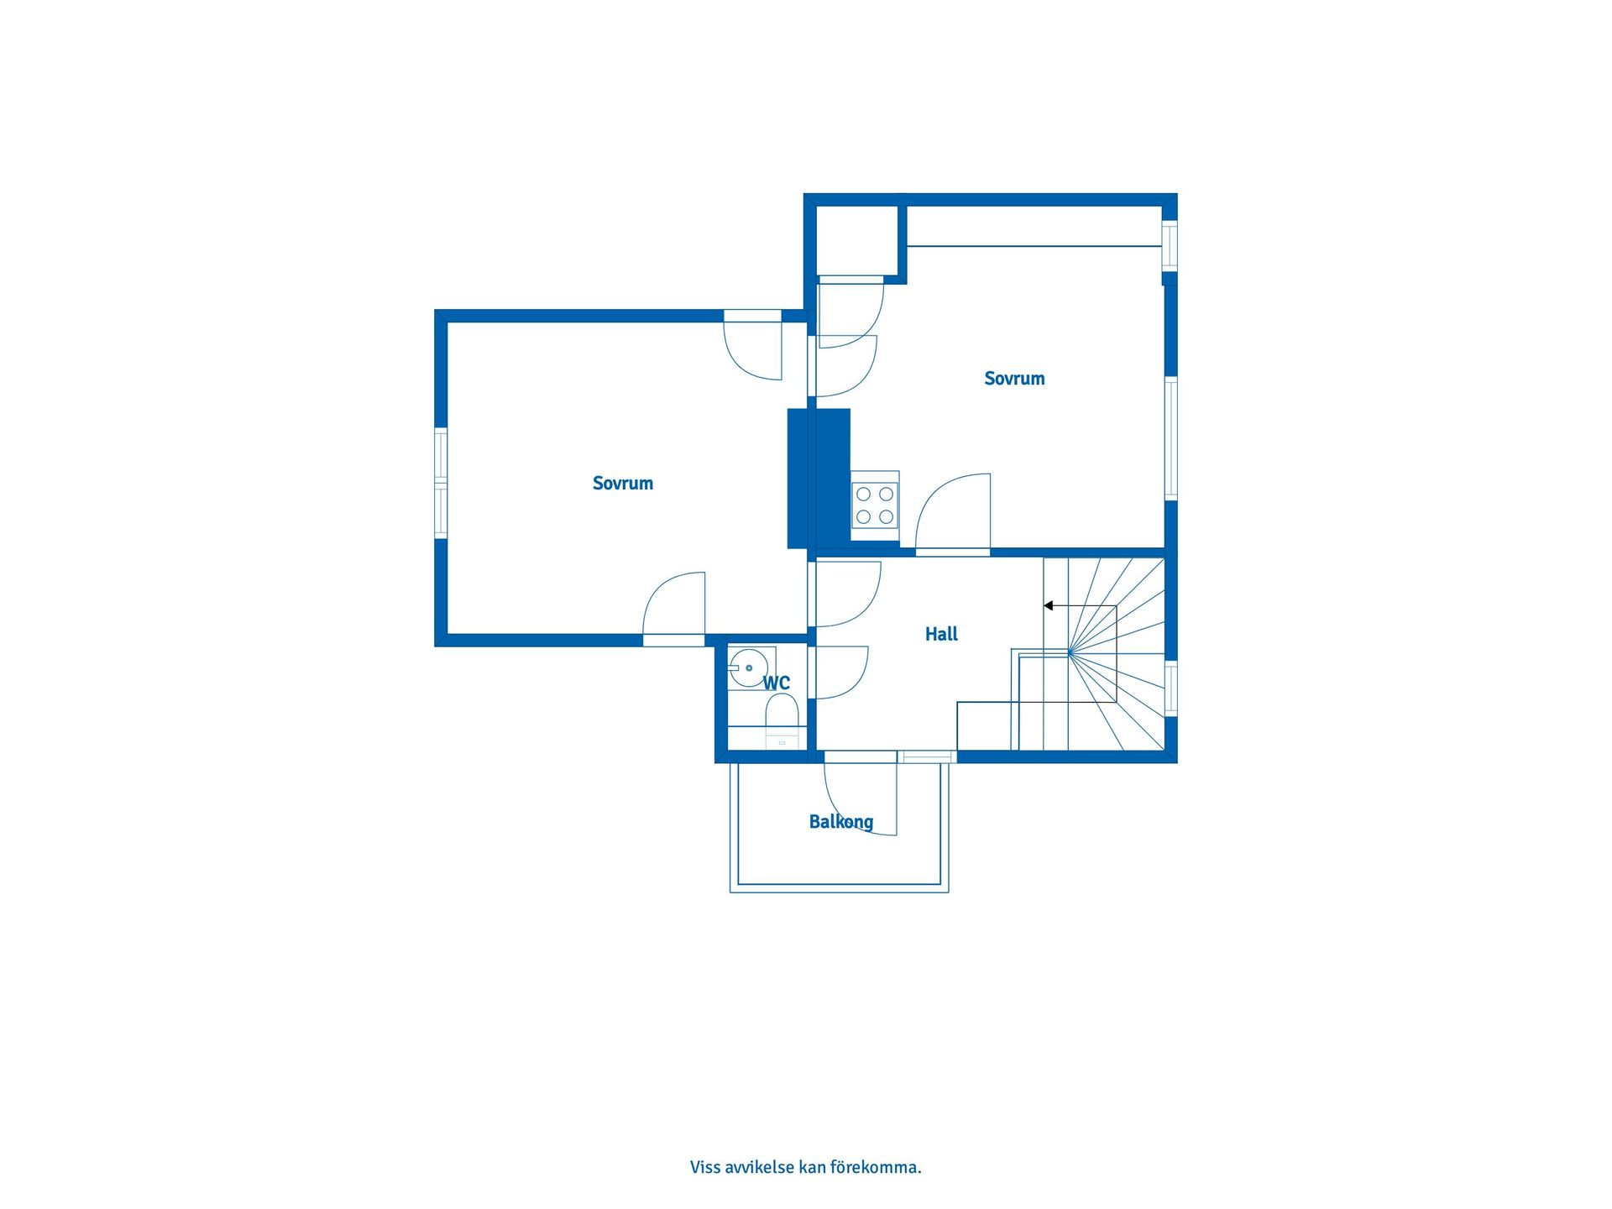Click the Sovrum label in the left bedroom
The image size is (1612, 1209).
tap(622, 483)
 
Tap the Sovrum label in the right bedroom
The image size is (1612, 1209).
tap(1014, 379)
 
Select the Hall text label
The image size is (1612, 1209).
tap(941, 634)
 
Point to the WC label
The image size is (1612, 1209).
tap(777, 683)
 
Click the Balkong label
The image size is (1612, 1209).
tap(841, 822)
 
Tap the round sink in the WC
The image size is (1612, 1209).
tap(747, 668)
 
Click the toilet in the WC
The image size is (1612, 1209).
tap(781, 720)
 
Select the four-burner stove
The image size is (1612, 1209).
tap(875, 505)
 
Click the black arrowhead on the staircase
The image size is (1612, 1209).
tap(1049, 605)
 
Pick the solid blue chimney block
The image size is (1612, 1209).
tap(819, 479)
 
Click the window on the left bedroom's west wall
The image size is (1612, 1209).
tap(440, 482)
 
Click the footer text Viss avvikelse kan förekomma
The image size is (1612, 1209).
tap(806, 1167)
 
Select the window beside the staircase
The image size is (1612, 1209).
tap(1170, 688)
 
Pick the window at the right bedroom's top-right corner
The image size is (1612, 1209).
tap(1170, 245)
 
